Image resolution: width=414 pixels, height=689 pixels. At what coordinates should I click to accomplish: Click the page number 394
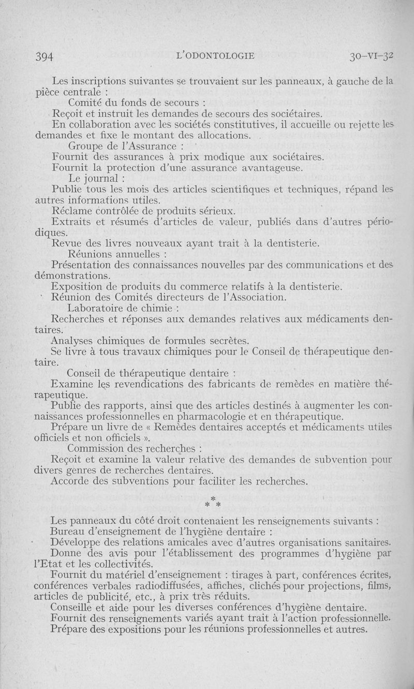pos(45,56)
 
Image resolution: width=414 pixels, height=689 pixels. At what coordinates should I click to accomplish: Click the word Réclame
pos(72,211)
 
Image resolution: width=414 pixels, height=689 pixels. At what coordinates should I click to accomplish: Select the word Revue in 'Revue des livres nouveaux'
pos(68,244)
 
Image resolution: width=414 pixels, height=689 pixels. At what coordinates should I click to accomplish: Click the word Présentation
pos(86,266)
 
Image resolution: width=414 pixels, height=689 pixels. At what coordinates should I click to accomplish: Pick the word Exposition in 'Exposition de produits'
pos(77,287)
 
